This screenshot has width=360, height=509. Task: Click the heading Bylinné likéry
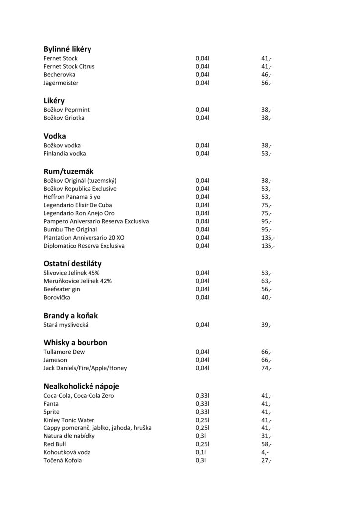tap(67, 49)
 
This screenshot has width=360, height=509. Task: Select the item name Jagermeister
tap(61, 82)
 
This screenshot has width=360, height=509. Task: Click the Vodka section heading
tap(55, 135)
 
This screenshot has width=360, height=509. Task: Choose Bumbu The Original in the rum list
tap(70, 229)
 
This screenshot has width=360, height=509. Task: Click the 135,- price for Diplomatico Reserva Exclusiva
tap(268, 245)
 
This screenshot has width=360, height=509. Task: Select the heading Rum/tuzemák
tap(69, 171)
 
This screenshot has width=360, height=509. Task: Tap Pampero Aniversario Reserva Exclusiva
tap(96, 221)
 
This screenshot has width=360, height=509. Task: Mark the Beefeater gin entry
tap(62, 289)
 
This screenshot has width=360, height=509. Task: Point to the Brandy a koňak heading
tap(74, 315)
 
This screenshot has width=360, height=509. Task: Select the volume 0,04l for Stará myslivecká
tap(202, 325)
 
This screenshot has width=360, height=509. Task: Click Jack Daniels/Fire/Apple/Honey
tap(85, 368)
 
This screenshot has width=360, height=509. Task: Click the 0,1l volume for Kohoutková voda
tap(200, 452)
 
